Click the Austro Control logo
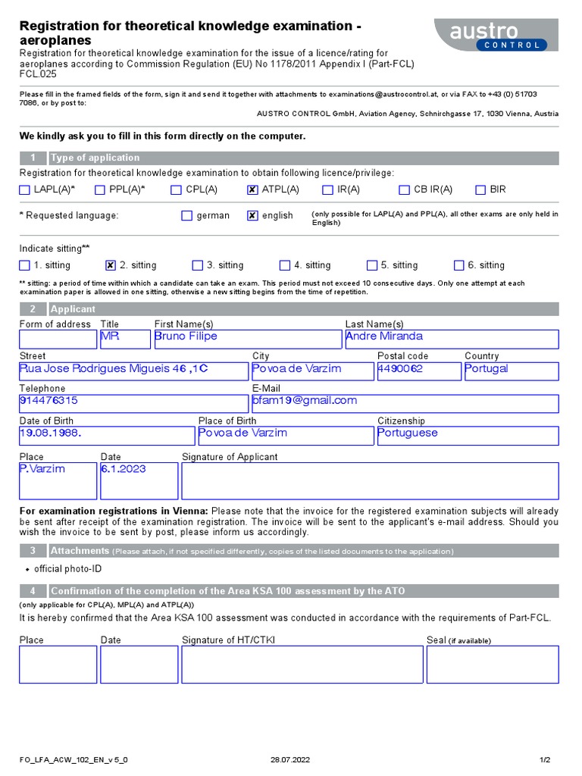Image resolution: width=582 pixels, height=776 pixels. (496, 35)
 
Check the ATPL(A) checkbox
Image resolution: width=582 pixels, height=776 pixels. (252, 190)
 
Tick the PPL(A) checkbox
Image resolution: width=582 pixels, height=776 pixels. (100, 190)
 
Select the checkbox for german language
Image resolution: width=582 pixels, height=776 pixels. (187, 216)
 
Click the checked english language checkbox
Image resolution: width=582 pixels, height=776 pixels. (252, 216)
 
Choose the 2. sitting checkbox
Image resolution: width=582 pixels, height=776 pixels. (111, 265)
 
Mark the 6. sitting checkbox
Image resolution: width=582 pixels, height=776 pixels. (458, 265)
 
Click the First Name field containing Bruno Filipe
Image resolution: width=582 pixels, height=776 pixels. (247, 339)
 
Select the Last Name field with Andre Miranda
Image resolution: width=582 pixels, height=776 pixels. (452, 339)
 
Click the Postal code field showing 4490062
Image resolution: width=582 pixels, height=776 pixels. (418, 371)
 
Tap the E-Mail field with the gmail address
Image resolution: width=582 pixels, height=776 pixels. (405, 403)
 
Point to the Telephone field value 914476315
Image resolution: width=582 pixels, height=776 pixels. (133, 403)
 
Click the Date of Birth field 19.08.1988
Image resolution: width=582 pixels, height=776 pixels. (106, 435)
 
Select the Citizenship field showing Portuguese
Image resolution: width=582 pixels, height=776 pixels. (468, 435)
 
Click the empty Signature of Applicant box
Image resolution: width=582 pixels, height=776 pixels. (370, 481)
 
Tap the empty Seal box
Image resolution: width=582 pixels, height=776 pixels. (493, 665)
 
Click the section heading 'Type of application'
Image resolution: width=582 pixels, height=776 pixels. (95, 158)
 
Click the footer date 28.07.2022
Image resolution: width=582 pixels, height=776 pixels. (290, 759)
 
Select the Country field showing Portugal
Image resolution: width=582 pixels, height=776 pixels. (511, 371)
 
